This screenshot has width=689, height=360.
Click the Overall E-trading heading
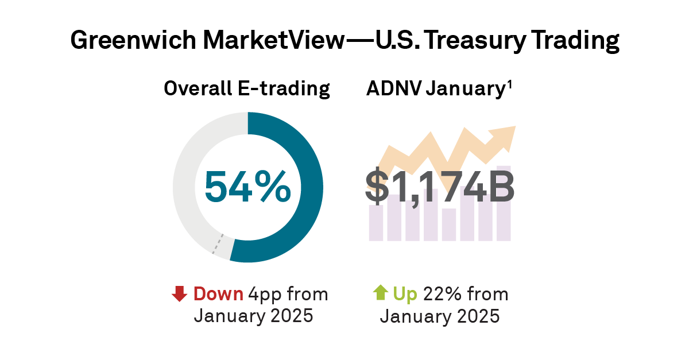point(247,89)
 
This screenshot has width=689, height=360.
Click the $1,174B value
point(439,188)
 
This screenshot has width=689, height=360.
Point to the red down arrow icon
point(180,294)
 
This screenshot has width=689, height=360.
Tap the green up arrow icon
point(380,293)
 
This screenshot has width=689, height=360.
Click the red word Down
point(219,294)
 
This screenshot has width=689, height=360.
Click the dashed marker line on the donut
point(216,244)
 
